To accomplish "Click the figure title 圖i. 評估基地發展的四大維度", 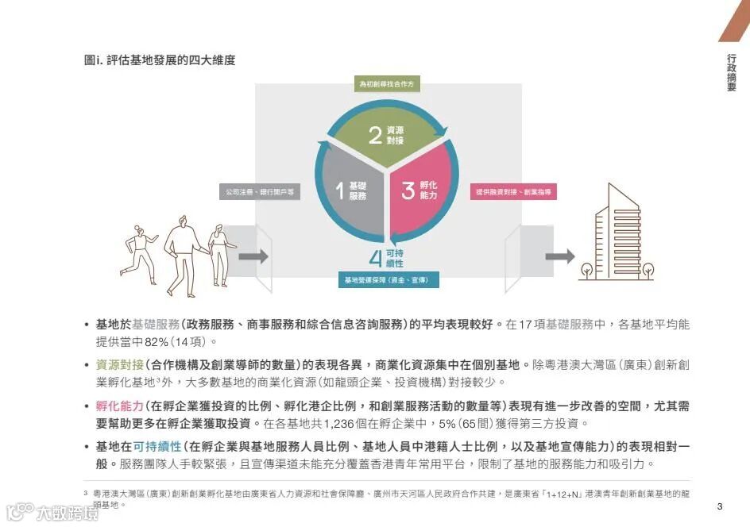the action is coord(160,60).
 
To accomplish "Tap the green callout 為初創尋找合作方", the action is coord(386,83).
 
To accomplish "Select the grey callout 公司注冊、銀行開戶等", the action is coord(260,192).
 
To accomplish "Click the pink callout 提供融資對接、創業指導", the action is coord(513,192).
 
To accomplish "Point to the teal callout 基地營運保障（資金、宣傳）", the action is coord(388,280).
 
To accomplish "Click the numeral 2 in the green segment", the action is coord(375,135).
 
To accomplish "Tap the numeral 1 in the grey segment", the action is coord(339,190).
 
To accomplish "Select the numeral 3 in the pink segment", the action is coord(408,190).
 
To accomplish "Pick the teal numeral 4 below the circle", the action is coord(377,257).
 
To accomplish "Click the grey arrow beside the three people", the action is coord(253,256).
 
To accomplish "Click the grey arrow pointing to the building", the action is coord(559,256).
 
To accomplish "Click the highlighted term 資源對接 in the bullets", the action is coord(119,364).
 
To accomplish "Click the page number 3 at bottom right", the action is coord(720,506).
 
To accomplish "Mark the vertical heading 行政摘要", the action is coord(731,73).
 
